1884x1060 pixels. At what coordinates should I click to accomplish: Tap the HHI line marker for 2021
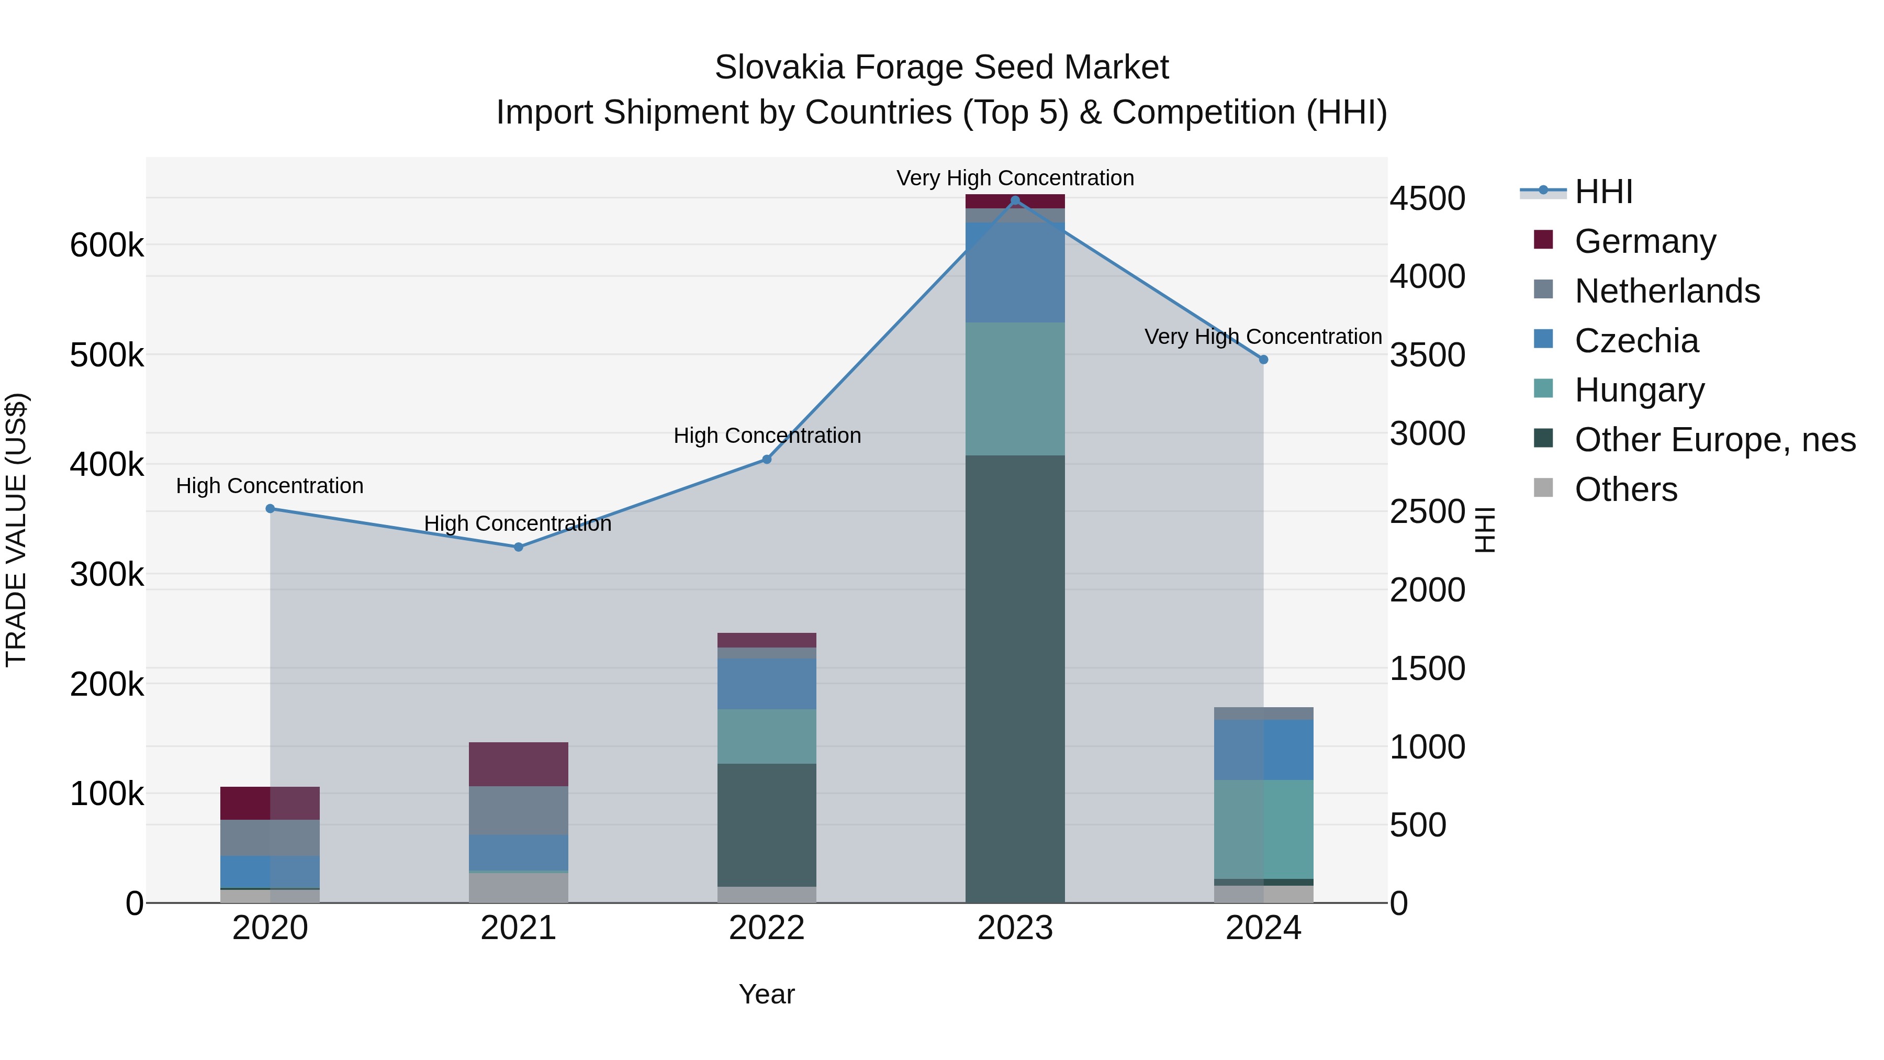click(x=519, y=547)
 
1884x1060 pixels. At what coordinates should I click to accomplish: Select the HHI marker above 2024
click(x=1263, y=360)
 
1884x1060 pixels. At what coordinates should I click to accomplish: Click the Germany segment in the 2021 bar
click(x=519, y=764)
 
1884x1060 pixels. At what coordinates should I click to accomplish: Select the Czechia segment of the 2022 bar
click(x=767, y=684)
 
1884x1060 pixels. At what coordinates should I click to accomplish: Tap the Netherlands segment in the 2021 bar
click(x=519, y=810)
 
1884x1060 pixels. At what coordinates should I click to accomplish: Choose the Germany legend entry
click(x=1645, y=241)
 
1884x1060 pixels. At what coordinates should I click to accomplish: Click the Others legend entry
click(x=1626, y=489)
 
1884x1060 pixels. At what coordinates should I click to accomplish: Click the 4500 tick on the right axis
click(x=1427, y=198)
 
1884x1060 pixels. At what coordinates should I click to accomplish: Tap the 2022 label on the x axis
click(x=767, y=928)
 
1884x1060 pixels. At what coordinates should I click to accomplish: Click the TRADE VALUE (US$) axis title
click(x=16, y=530)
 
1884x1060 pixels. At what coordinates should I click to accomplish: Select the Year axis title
click(x=767, y=994)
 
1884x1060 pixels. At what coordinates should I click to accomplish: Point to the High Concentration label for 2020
click(x=270, y=486)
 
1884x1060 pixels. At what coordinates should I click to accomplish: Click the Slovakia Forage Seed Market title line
click(x=941, y=68)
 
